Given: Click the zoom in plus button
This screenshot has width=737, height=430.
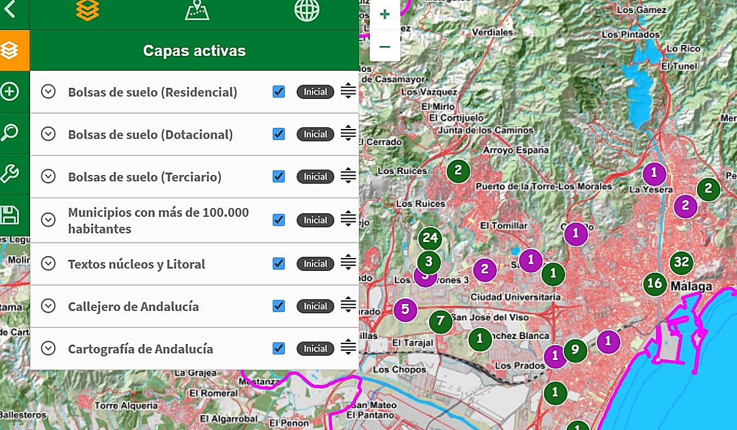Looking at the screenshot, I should tap(384, 15).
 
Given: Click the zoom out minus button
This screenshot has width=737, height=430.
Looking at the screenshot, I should tap(384, 47).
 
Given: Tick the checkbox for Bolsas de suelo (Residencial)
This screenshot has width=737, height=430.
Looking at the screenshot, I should tap(279, 92).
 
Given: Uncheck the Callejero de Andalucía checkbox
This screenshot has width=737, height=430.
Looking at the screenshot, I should tap(279, 306).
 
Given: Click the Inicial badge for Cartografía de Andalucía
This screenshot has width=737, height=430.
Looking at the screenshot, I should tap(316, 348).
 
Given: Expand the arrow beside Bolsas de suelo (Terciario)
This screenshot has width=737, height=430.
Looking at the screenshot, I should tap(49, 176).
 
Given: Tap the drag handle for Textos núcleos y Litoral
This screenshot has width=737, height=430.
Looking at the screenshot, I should tap(348, 263).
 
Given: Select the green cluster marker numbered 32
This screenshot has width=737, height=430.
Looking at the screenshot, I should tap(681, 263).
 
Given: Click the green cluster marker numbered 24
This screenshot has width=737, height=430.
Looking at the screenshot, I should tap(430, 238).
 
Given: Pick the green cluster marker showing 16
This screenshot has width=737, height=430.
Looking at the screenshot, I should tap(655, 283).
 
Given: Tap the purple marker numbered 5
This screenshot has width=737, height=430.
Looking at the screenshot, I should tap(405, 309).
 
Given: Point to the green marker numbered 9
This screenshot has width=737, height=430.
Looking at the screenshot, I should tap(575, 350).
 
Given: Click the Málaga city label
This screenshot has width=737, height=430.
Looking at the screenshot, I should tap(692, 286).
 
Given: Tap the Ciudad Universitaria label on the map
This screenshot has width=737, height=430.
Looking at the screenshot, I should tap(515, 297).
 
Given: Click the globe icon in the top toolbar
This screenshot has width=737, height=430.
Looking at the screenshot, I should tap(306, 10).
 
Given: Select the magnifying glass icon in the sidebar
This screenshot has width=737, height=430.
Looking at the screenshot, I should tap(10, 132).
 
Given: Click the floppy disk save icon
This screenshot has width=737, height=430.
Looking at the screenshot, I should tap(10, 215).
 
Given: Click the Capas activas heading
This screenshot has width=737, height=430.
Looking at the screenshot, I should tap(194, 51).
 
